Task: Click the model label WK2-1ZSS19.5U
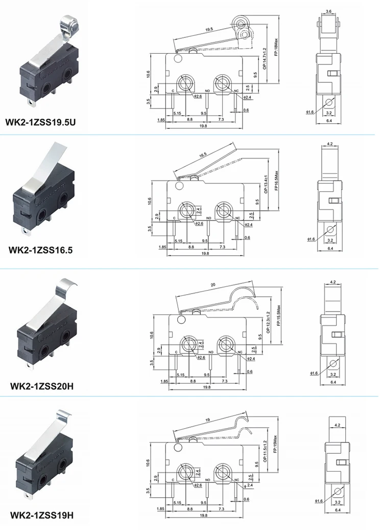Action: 44,123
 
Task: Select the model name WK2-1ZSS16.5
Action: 41,250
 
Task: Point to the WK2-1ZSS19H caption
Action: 42,515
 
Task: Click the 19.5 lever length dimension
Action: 209,30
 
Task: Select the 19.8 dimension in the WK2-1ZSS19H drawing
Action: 203,516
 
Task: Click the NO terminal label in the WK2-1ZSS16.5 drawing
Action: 209,218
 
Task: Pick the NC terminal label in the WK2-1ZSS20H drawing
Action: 238,352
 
